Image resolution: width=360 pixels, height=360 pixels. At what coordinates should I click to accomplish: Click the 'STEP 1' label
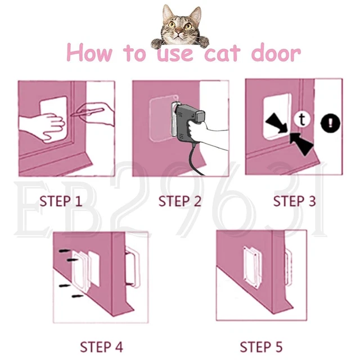coord(61,201)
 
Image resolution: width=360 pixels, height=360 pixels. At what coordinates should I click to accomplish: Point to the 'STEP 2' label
coord(179,201)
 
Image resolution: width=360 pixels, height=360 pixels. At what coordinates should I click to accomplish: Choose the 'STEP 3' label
coord(294,201)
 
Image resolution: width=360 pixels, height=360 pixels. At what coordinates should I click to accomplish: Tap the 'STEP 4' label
coord(101,346)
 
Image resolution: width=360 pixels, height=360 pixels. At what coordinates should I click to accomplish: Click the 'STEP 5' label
coord(261,346)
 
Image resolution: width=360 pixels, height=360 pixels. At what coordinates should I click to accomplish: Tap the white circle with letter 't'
coord(303,119)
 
